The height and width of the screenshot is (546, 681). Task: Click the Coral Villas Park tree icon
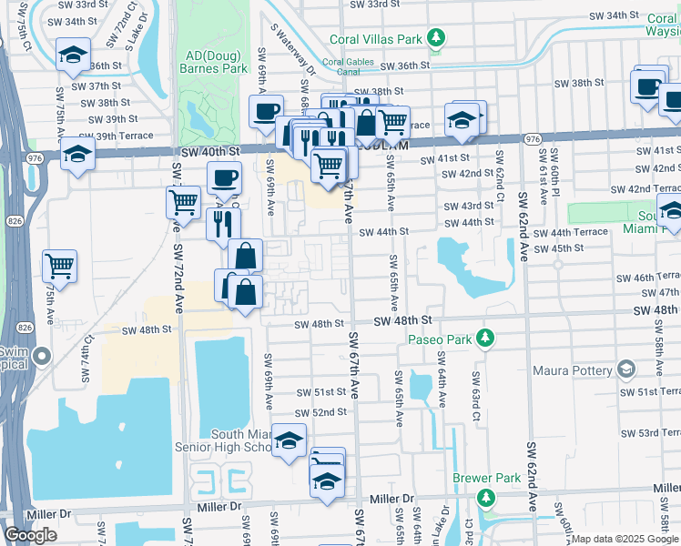(438, 38)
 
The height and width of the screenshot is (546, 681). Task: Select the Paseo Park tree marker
(486, 339)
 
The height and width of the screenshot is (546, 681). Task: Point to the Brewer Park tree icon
(486, 498)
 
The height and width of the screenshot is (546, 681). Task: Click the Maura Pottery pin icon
(625, 369)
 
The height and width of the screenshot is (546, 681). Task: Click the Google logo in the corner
(31, 535)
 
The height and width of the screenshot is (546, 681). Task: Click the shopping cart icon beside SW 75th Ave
(60, 266)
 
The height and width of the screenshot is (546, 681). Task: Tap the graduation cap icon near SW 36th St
(73, 55)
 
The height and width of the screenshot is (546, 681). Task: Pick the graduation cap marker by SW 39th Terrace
(78, 153)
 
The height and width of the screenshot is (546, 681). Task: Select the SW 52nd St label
(322, 412)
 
